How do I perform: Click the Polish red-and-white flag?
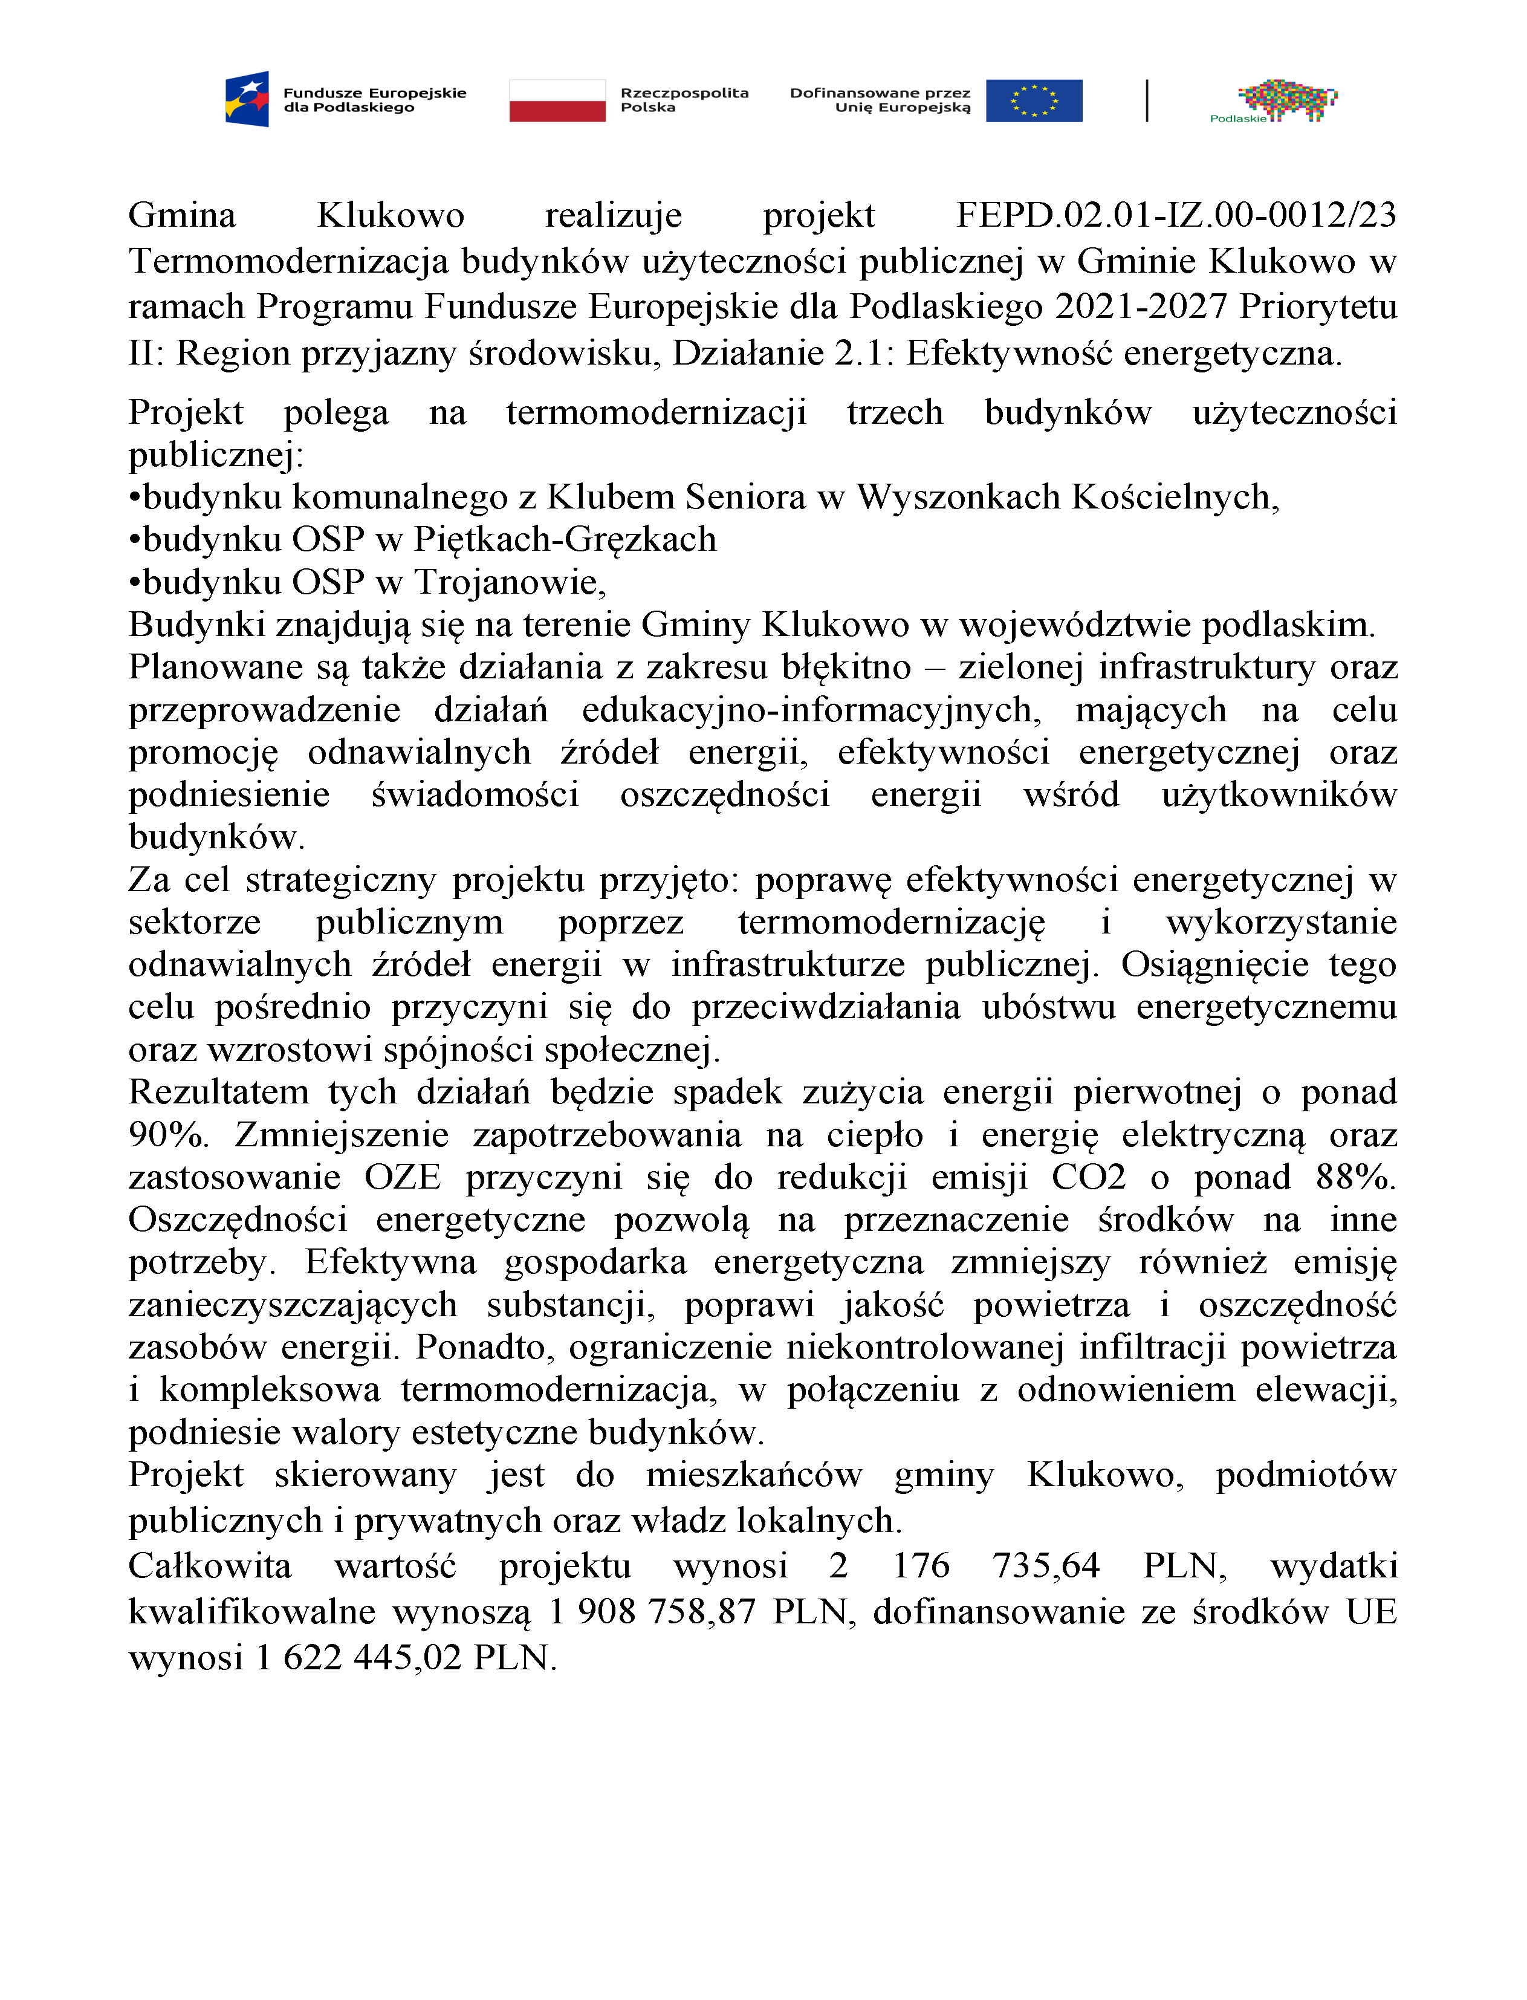(557, 100)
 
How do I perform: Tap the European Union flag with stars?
(1034, 100)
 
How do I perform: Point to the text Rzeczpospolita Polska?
(684, 100)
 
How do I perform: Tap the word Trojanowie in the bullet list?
(509, 582)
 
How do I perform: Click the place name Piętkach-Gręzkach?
(565, 539)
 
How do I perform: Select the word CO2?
(1088, 1177)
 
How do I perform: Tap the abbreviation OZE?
(403, 1177)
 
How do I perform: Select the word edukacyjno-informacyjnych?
(811, 710)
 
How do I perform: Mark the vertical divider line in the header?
(1147, 100)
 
